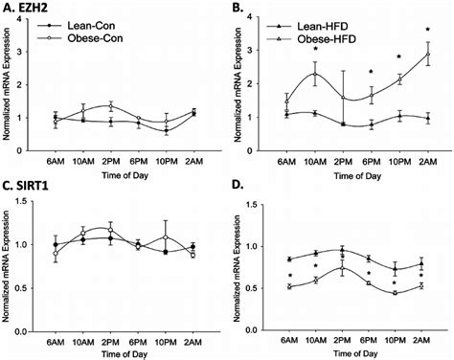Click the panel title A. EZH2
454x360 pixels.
coord(29,8)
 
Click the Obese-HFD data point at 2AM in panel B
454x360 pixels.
coord(427,54)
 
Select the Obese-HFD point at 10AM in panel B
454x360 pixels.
coord(315,74)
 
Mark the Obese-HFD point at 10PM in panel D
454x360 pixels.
coord(398,293)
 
